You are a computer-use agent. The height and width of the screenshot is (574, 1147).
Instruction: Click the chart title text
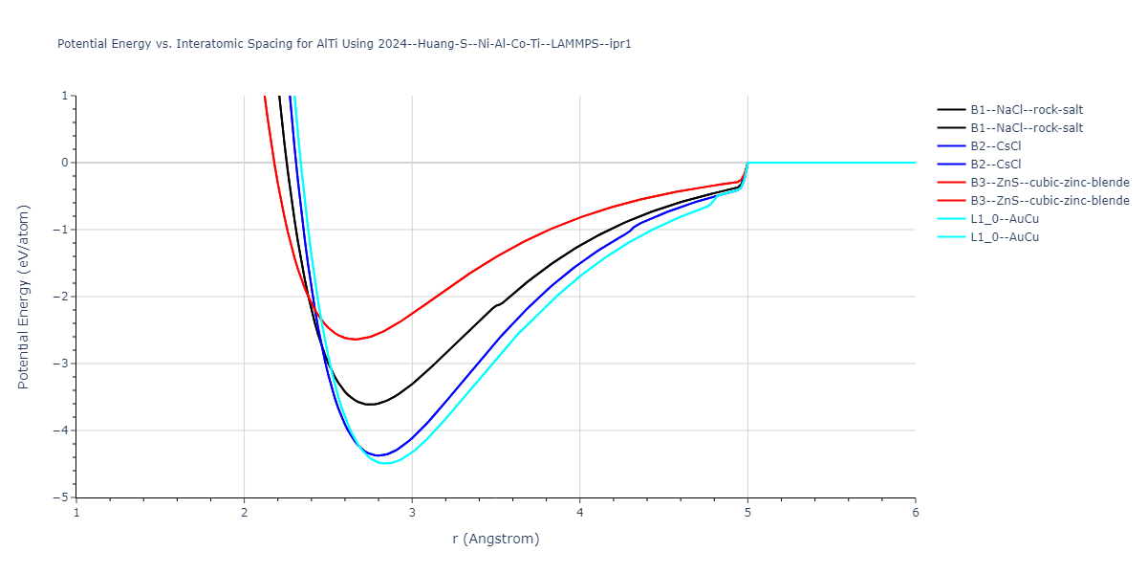pyautogui.click(x=344, y=44)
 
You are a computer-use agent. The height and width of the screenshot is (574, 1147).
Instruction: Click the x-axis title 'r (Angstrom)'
pyautogui.click(x=495, y=539)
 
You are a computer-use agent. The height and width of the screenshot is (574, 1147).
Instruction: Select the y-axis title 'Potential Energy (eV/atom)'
pyautogui.click(x=24, y=297)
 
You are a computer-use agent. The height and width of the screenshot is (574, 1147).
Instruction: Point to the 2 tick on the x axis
pyautogui.click(x=244, y=513)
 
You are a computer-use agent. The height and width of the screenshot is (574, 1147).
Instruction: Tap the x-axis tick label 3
pyautogui.click(x=412, y=513)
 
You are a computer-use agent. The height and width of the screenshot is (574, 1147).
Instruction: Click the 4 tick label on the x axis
pyautogui.click(x=579, y=513)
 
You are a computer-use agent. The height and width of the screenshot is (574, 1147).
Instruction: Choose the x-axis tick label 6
pyautogui.click(x=915, y=513)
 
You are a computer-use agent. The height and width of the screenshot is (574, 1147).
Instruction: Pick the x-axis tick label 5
pyautogui.click(x=747, y=513)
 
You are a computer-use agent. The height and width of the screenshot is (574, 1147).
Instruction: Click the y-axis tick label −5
pyautogui.click(x=62, y=497)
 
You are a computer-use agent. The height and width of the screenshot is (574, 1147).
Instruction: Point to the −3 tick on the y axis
pyautogui.click(x=62, y=364)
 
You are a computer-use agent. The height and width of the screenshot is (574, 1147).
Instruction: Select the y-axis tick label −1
pyautogui.click(x=62, y=230)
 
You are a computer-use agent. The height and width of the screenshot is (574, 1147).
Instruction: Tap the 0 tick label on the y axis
pyautogui.click(x=66, y=163)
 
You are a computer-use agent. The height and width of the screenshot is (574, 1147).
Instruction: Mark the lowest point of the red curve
pyautogui.click(x=355, y=339)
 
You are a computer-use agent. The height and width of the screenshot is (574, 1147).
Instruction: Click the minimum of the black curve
pyautogui.click(x=370, y=405)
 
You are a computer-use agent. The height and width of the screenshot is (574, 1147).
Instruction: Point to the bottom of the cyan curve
pyautogui.click(x=385, y=463)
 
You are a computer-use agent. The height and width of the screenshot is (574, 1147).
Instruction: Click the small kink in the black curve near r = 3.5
pyautogui.click(x=496, y=305)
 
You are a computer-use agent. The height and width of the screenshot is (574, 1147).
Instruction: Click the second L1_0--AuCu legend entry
pyautogui.click(x=1005, y=237)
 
